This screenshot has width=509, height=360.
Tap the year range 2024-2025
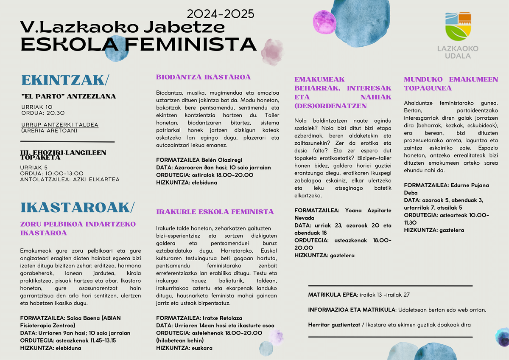click(x=220, y=14)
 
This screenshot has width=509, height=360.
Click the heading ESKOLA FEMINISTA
click(x=138, y=45)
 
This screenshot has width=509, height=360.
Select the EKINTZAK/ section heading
click(x=65, y=80)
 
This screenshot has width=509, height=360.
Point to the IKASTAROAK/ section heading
click(x=77, y=207)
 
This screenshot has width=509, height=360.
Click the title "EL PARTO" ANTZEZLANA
click(x=68, y=96)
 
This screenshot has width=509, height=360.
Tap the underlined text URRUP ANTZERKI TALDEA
click(x=59, y=125)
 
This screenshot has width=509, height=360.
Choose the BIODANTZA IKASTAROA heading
click(x=203, y=77)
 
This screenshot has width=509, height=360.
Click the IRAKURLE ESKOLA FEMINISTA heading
click(x=215, y=211)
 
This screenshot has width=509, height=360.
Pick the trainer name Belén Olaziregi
click(x=225, y=160)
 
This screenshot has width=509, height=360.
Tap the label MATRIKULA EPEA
click(x=333, y=295)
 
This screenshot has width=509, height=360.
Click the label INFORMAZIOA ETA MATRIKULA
click(x=352, y=310)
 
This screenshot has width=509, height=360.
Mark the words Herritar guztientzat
click(x=332, y=325)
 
